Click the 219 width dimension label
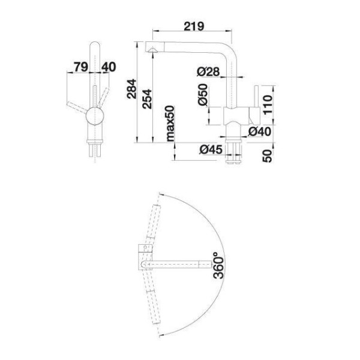click(194, 26)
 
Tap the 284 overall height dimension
click(131, 89)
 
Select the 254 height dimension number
click(147, 99)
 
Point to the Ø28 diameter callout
click(208, 72)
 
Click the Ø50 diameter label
click(203, 94)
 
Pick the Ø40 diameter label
click(260, 131)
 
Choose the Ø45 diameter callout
click(211, 149)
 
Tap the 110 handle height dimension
click(268, 104)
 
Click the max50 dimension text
click(170, 123)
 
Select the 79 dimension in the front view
click(81, 67)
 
